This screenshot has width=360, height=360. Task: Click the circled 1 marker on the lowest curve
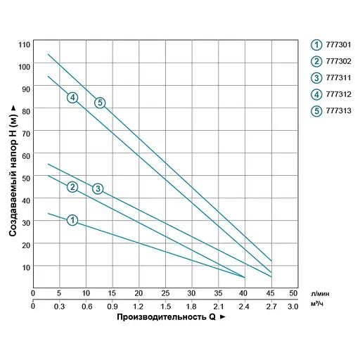click(72, 220)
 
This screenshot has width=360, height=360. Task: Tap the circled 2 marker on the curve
click(72, 186)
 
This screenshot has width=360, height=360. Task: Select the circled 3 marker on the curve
click(98, 188)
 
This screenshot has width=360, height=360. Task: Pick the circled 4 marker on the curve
click(72, 97)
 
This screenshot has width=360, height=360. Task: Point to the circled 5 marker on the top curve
click(100, 103)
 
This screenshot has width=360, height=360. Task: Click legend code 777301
click(339, 44)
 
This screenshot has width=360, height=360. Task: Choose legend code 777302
click(339, 61)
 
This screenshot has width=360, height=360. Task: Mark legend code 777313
click(339, 110)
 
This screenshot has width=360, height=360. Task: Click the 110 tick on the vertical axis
click(25, 44)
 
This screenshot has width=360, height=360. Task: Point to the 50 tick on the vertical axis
click(26, 178)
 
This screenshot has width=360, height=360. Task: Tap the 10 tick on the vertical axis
click(26, 267)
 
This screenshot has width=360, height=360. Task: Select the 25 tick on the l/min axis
click(165, 292)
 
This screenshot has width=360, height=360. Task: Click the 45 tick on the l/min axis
click(269, 292)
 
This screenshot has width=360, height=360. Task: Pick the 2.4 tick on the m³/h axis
click(243, 306)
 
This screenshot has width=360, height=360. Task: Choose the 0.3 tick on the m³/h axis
click(59, 306)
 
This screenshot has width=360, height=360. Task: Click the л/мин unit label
click(318, 293)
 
